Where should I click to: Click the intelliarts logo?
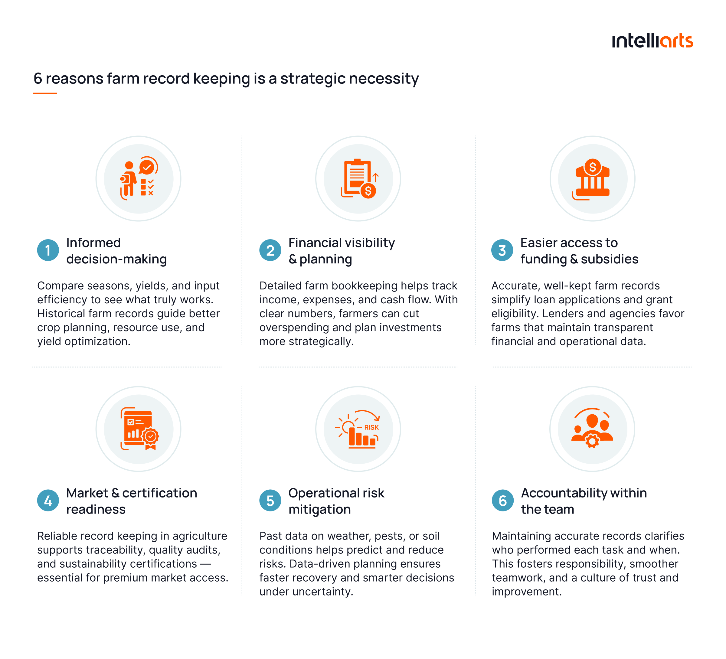(x=652, y=41)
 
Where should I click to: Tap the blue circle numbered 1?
(x=48, y=250)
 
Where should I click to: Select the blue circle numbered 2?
(x=270, y=250)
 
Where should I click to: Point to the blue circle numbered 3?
(x=502, y=250)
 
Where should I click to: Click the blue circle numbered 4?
(x=48, y=501)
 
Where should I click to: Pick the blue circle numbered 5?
(x=270, y=501)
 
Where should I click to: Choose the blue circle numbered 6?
(x=503, y=501)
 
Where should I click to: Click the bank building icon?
(x=591, y=179)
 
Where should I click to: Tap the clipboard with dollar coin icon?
(x=359, y=178)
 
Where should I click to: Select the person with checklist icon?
(x=139, y=178)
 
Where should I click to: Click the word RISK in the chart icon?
(x=371, y=427)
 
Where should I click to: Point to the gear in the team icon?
(x=592, y=441)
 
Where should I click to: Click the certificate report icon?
(x=139, y=429)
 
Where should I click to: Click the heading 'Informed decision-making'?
(x=116, y=251)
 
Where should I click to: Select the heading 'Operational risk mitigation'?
(x=336, y=501)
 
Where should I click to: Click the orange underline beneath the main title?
(x=45, y=93)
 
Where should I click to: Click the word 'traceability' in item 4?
(x=116, y=550)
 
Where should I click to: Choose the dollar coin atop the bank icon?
(x=592, y=167)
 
